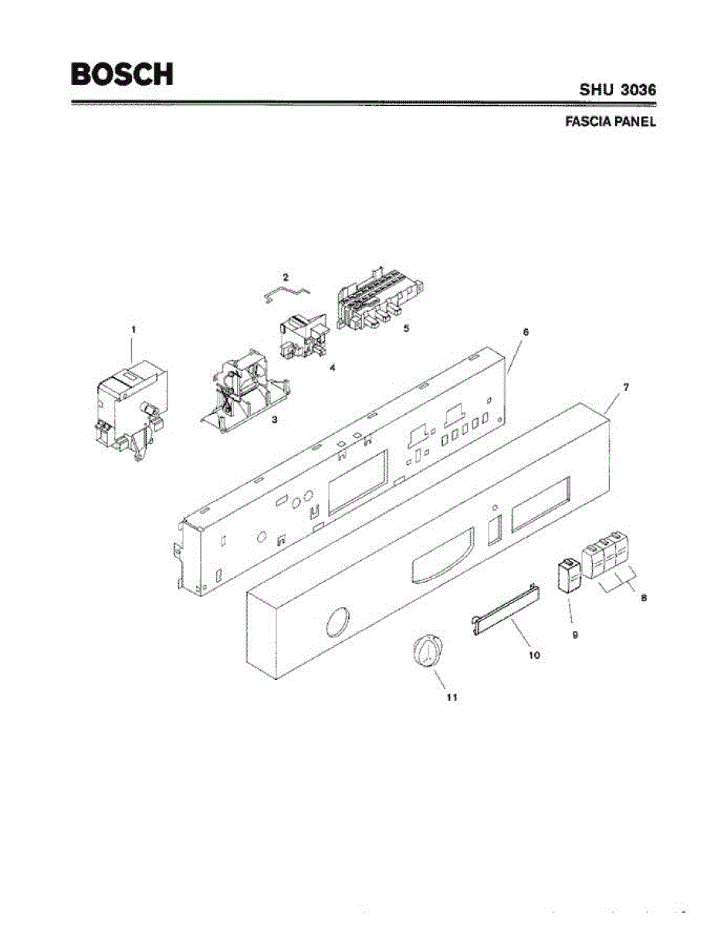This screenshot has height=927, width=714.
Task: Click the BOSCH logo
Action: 122,74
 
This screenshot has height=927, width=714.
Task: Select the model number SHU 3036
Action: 618,90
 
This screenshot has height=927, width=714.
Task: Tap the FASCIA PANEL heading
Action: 611,122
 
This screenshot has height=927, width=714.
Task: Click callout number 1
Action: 133,329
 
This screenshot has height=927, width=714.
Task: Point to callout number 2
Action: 285,276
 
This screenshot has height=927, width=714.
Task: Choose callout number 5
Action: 406,328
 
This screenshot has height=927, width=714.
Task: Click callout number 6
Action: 526,331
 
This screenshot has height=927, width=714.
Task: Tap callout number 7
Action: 625,385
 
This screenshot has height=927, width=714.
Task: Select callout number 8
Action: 644,597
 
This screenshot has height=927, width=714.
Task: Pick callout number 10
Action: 534,655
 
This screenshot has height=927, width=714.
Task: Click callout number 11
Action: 452,697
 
